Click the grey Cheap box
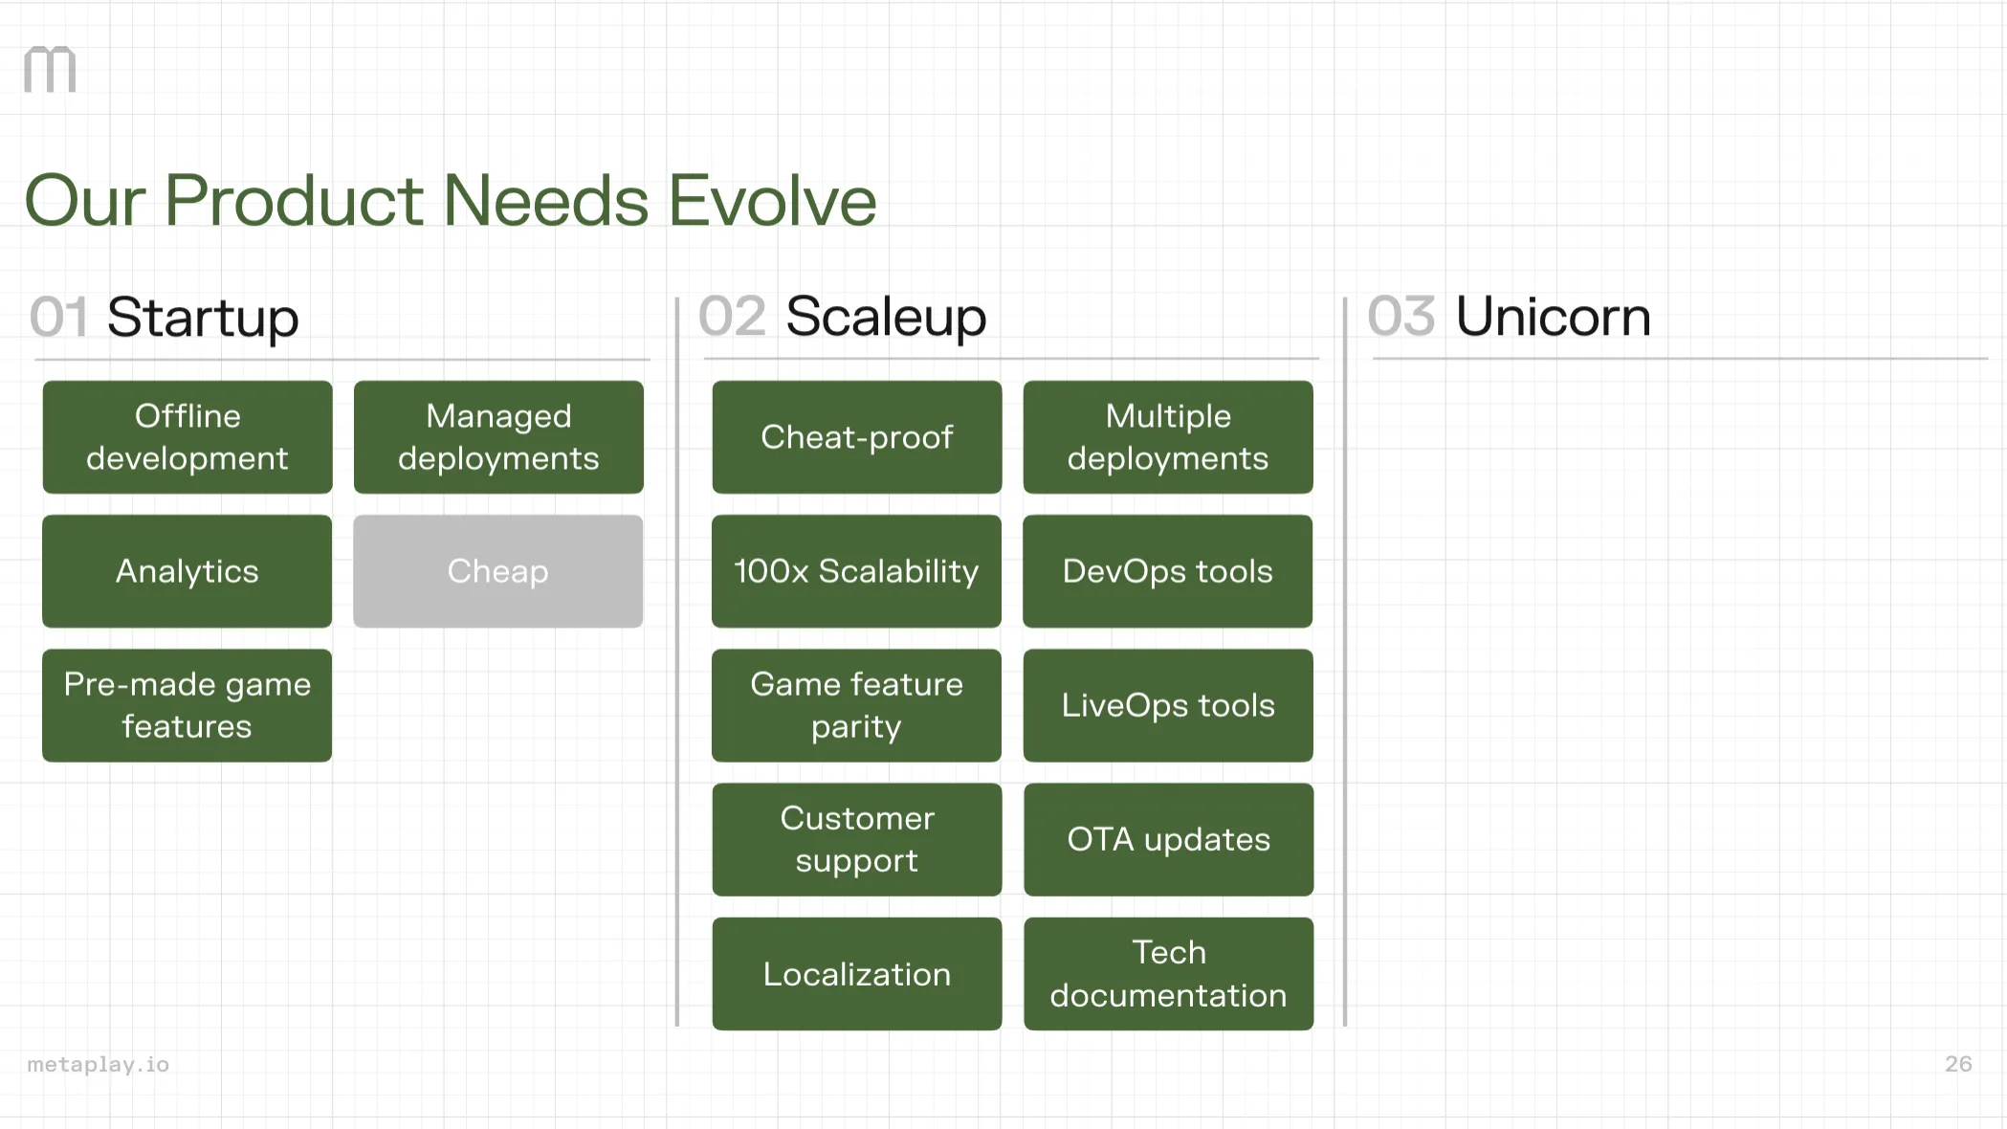click(x=497, y=571)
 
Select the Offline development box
click(x=187, y=437)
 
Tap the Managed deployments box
click(x=498, y=437)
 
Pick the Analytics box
click(x=187, y=571)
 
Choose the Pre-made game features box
click(x=187, y=705)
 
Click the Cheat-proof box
click(x=857, y=437)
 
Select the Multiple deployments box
click(x=1168, y=437)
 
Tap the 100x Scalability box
click(x=857, y=571)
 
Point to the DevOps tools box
click(x=1168, y=571)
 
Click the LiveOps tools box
click(x=1168, y=705)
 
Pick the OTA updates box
click(x=1168, y=839)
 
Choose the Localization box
click(x=857, y=974)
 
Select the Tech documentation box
click(x=1168, y=974)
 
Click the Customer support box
click(x=857, y=839)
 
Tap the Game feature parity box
click(x=857, y=705)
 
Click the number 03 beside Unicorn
click(x=1400, y=317)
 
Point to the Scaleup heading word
click(x=886, y=317)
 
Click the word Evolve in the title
click(x=772, y=201)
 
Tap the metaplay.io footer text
click(x=99, y=1064)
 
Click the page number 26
click(x=1957, y=1064)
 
